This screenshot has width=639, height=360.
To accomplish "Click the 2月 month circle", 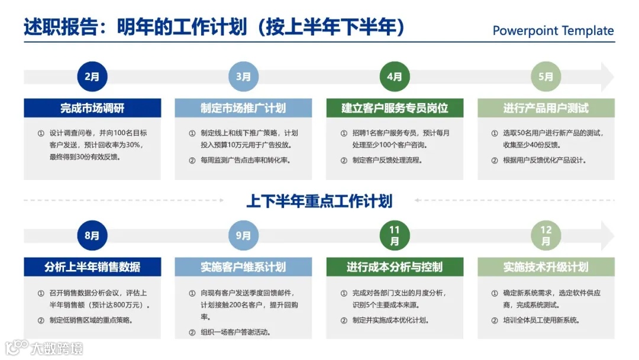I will [x=92, y=76].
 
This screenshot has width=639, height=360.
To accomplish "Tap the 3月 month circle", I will [x=243, y=76].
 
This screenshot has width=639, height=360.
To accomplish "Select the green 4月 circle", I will [x=395, y=76].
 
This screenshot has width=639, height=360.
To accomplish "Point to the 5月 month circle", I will [x=546, y=76].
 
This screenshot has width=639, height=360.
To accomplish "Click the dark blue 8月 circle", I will [x=92, y=235].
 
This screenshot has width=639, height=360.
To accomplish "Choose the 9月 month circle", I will [x=243, y=235].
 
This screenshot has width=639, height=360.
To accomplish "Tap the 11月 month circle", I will [x=395, y=235].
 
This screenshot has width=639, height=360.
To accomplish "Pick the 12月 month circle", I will [x=546, y=235].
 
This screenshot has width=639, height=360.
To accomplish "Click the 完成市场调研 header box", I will [x=92, y=108].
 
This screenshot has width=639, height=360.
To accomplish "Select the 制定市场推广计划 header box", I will [x=243, y=108].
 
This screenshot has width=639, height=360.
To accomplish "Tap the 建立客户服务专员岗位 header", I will [x=395, y=108].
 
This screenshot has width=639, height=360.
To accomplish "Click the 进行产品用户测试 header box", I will [x=546, y=108].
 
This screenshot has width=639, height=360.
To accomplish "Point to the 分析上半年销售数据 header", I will [x=92, y=266].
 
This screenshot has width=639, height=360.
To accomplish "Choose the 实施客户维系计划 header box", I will [x=243, y=266].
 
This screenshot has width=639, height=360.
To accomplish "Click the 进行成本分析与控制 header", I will [x=395, y=266].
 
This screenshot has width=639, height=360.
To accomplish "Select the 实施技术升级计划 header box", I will [x=546, y=266].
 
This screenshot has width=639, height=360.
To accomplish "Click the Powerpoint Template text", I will [x=553, y=31].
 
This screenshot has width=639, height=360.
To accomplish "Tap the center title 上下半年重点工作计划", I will [x=319, y=201].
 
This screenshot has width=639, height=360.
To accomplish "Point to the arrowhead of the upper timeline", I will [x=606, y=76].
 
